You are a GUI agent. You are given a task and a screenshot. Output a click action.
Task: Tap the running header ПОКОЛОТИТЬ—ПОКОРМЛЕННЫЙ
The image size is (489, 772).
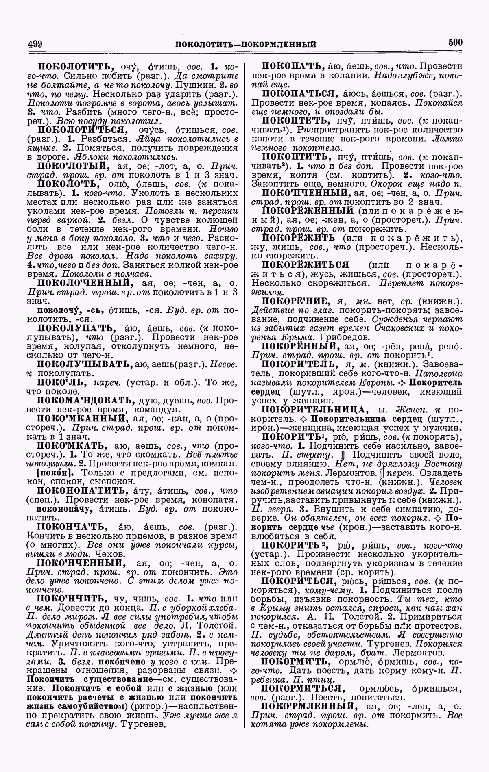pyautogui.click(x=245, y=44)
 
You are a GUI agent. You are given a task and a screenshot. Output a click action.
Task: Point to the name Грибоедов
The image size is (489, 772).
pyautogui.click(x=345, y=337)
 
